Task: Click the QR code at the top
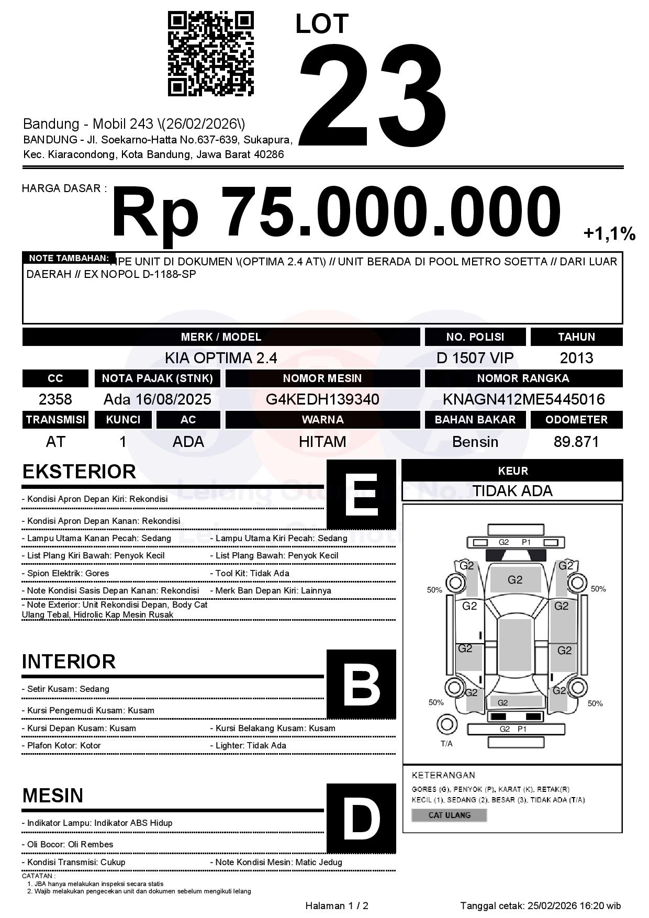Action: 210,54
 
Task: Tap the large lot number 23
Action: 373,94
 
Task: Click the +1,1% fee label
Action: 609,233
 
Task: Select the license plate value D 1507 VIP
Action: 475,358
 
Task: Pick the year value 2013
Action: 576,358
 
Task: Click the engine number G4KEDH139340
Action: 322,399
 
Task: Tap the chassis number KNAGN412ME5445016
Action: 523,399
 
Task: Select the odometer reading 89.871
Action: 576,442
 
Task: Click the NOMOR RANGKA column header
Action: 523,378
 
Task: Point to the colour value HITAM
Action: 322,442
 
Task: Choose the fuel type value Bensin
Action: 475,442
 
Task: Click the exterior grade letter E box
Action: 361,495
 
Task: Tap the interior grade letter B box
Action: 361,684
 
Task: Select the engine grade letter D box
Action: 361,818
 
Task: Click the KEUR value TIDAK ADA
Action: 512,491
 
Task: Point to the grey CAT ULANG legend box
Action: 449,815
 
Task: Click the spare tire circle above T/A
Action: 446,725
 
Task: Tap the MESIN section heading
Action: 53,796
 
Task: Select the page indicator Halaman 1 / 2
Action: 337,905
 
